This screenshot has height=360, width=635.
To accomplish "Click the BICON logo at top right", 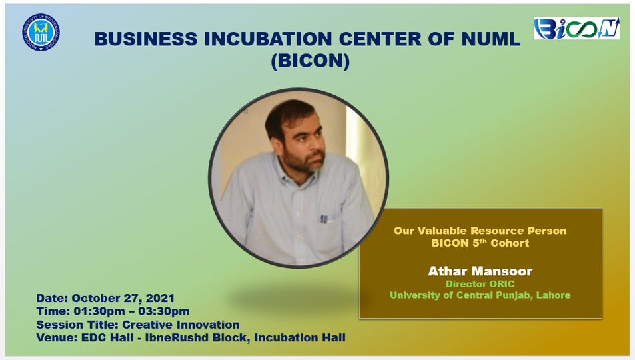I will pyautogui.click(x=576, y=29).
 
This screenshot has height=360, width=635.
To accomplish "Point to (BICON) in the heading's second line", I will pyautogui.click(x=310, y=61).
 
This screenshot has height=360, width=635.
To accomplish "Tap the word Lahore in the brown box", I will pyautogui.click(x=553, y=295).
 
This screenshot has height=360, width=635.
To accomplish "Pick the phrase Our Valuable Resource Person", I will pyautogui.click(x=480, y=231).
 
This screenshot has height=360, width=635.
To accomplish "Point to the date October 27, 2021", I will pyautogui.click(x=123, y=298).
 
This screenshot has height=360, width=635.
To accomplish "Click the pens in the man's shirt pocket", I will pyautogui.click(x=324, y=217).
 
